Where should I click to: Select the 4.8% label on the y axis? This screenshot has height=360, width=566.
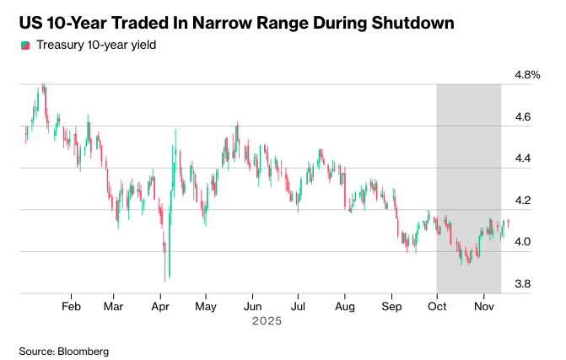pos(527,75)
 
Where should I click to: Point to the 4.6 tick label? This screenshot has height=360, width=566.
pos(524,117)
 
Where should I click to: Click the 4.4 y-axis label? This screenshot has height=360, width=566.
pos(524,159)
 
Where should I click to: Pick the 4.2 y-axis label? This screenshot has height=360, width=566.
pos(524,201)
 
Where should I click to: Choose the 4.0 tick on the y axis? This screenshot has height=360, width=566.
pos(524,242)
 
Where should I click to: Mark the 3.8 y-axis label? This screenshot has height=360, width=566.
pos(524,284)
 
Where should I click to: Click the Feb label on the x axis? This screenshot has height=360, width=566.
pos(72,307)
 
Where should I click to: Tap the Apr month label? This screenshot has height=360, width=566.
pos(160,307)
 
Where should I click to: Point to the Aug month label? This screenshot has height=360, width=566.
pos(344,307)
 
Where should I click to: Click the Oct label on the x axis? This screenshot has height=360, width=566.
pos(436,307)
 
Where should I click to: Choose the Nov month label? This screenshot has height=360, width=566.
pos(483,307)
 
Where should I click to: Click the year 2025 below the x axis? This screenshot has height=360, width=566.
pos(267,321)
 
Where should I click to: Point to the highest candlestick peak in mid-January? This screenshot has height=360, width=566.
pos(43,87)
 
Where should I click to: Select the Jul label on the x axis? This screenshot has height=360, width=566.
pos(297,307)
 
